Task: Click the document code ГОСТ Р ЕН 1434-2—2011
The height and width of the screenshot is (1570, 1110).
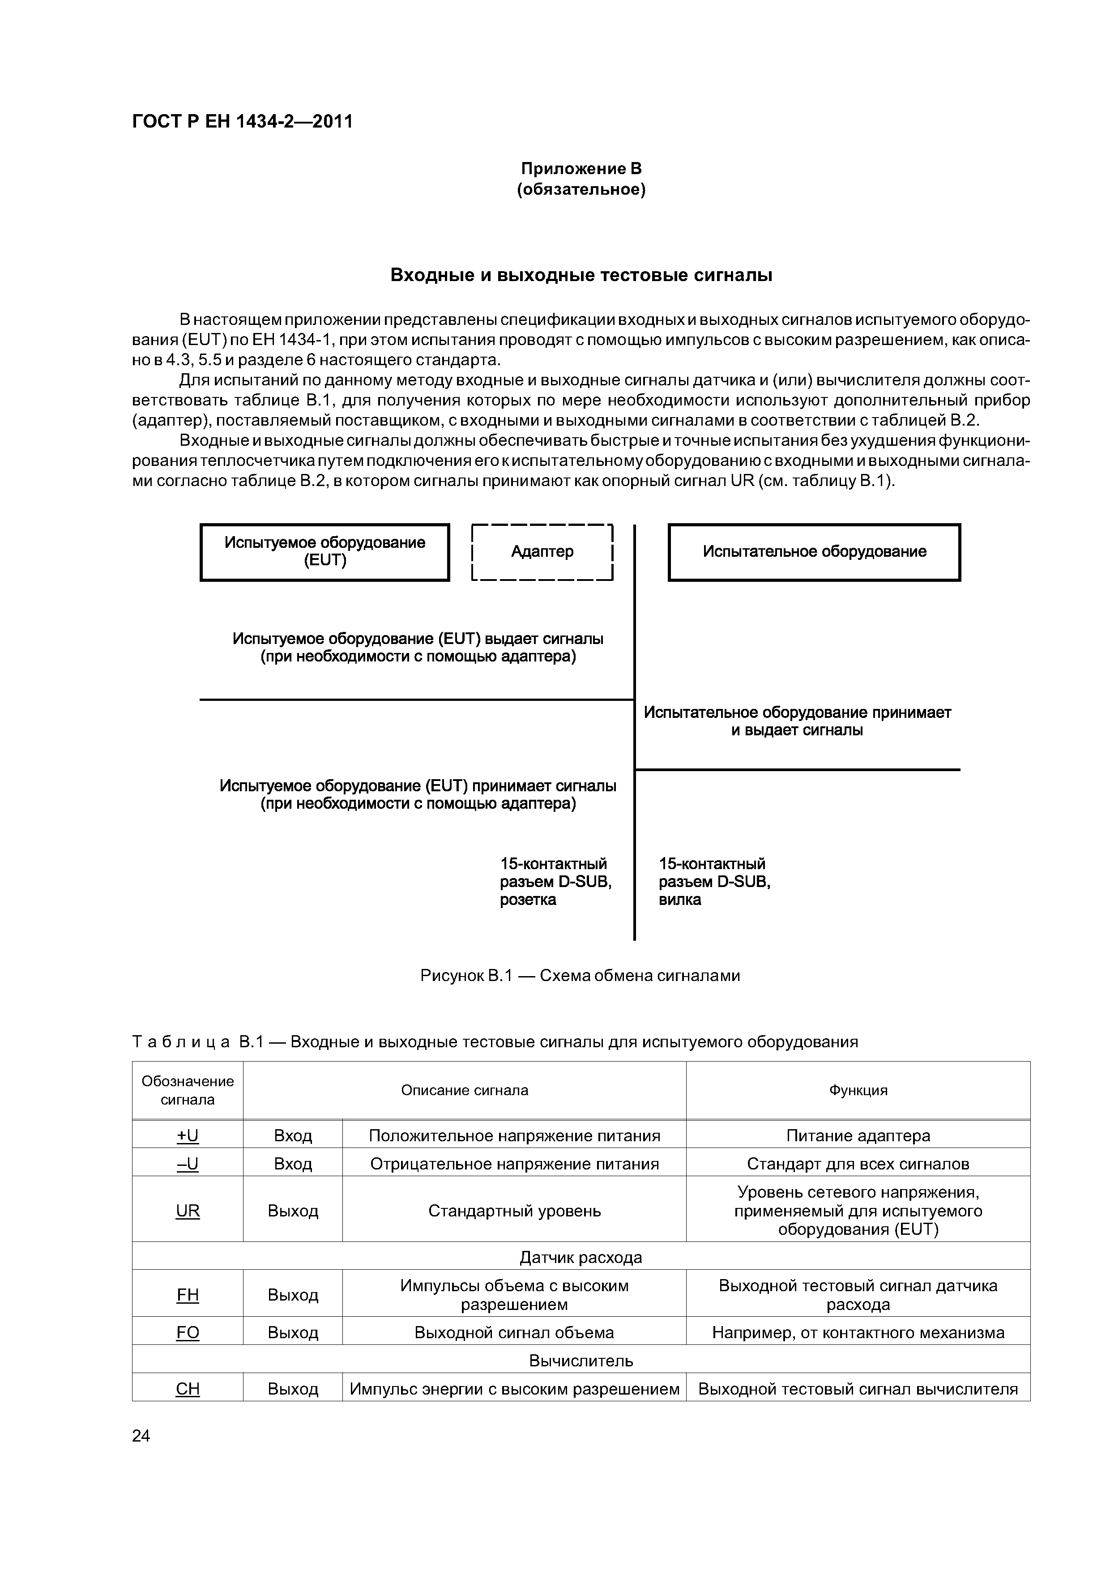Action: click(242, 122)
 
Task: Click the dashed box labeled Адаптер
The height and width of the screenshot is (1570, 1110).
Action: click(542, 552)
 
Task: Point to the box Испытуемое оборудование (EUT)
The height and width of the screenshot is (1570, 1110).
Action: click(325, 552)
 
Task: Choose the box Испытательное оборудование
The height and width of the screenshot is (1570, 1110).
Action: click(814, 552)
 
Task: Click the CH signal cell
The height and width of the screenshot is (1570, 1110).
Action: click(188, 1389)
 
